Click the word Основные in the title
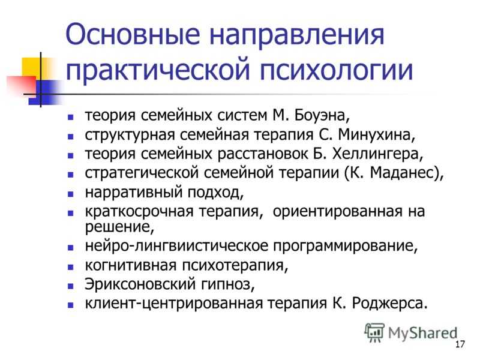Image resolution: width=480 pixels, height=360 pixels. (133, 34)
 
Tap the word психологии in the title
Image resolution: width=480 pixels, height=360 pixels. (336, 70)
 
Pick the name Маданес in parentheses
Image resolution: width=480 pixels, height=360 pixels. (403, 173)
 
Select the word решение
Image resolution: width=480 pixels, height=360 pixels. (117, 227)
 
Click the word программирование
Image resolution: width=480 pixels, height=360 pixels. (343, 246)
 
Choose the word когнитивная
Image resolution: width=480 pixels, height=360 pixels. (131, 265)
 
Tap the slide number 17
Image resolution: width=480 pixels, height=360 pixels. (460, 344)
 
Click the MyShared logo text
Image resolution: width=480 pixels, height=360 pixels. (422, 333)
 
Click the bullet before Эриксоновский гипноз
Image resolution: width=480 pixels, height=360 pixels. (71, 287)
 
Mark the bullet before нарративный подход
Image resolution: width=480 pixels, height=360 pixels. (71, 194)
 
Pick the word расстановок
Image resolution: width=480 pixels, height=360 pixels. (262, 154)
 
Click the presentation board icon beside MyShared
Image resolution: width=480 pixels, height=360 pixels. (374, 333)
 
